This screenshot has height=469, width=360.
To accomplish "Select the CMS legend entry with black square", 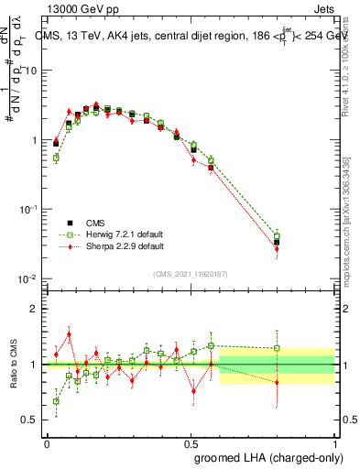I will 96,222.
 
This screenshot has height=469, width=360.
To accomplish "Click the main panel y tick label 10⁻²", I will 29,278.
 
